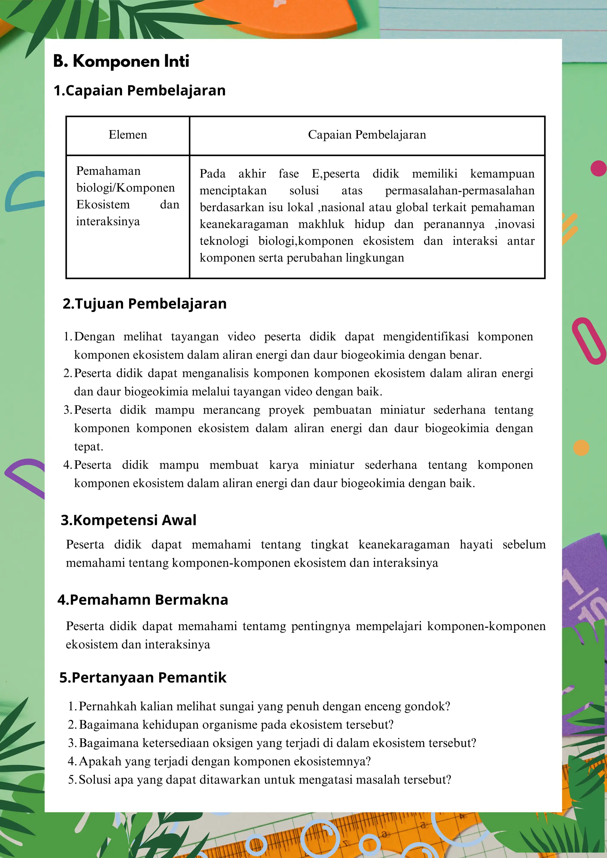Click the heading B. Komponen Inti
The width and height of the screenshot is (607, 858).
121,61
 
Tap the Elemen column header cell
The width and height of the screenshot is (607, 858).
128,135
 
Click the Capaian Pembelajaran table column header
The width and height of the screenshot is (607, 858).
367,135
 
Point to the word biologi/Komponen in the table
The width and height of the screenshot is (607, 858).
126,188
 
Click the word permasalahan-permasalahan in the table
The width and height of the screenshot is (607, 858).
460,191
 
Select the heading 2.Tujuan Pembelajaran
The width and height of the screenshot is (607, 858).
145,304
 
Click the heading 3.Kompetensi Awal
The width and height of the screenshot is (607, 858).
129,520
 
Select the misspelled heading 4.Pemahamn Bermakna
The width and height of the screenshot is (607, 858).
143,600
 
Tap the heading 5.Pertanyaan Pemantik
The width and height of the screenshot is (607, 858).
143,678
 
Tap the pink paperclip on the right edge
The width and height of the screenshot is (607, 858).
589,341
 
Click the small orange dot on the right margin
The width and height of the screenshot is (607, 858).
581,448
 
